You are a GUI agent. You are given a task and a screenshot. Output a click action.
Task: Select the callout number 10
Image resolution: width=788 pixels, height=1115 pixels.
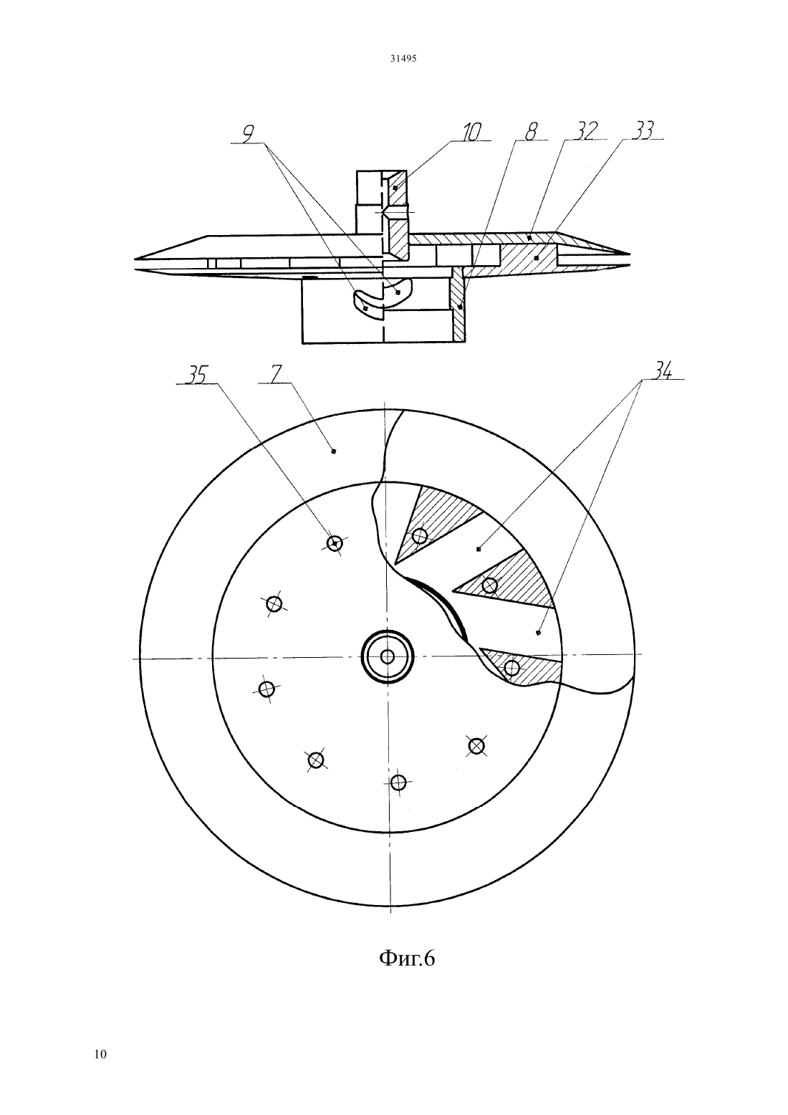(470, 133)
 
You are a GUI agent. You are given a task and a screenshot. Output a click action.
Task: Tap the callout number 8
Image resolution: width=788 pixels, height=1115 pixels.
(531, 131)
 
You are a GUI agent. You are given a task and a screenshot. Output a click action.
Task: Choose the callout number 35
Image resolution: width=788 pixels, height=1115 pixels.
(196, 375)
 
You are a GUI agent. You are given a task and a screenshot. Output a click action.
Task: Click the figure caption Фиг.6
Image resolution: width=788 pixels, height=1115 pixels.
(407, 957)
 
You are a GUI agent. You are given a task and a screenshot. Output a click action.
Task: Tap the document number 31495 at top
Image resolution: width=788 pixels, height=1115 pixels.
(403, 58)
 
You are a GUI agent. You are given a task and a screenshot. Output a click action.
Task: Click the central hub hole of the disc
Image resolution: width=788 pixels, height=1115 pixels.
(387, 657)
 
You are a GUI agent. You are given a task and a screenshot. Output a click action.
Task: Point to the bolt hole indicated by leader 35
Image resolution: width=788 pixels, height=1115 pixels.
(335, 543)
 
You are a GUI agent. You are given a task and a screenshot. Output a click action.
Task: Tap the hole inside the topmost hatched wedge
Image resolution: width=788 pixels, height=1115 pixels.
(420, 535)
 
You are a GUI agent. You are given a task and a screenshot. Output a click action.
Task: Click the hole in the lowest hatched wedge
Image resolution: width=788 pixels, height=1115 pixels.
(512, 668)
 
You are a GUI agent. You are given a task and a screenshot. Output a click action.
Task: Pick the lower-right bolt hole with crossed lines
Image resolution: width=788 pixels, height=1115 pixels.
(476, 746)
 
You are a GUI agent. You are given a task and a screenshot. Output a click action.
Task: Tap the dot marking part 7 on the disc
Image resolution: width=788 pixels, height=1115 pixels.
(334, 451)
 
